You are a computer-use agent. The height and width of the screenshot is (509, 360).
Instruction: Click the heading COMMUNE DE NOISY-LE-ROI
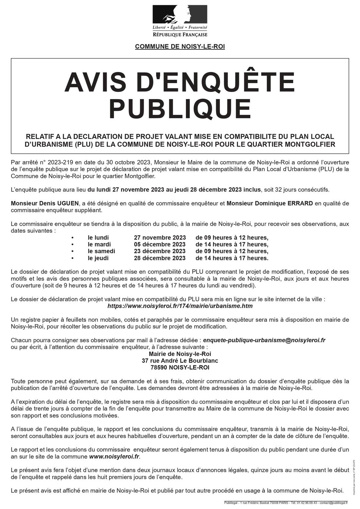pyautogui.click(x=180, y=47)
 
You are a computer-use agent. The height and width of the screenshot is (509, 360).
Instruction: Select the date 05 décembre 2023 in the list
pyautogui.click(x=159, y=244)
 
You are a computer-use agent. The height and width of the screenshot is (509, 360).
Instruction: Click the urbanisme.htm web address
pyautogui.click(x=180, y=306)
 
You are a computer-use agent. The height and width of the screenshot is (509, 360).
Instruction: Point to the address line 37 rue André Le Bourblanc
pyautogui.click(x=180, y=360)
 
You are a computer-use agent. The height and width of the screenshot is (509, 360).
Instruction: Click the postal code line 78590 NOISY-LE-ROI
pyautogui.click(x=180, y=367)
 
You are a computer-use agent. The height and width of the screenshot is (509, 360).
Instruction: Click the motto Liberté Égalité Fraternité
pyautogui.click(x=180, y=28)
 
